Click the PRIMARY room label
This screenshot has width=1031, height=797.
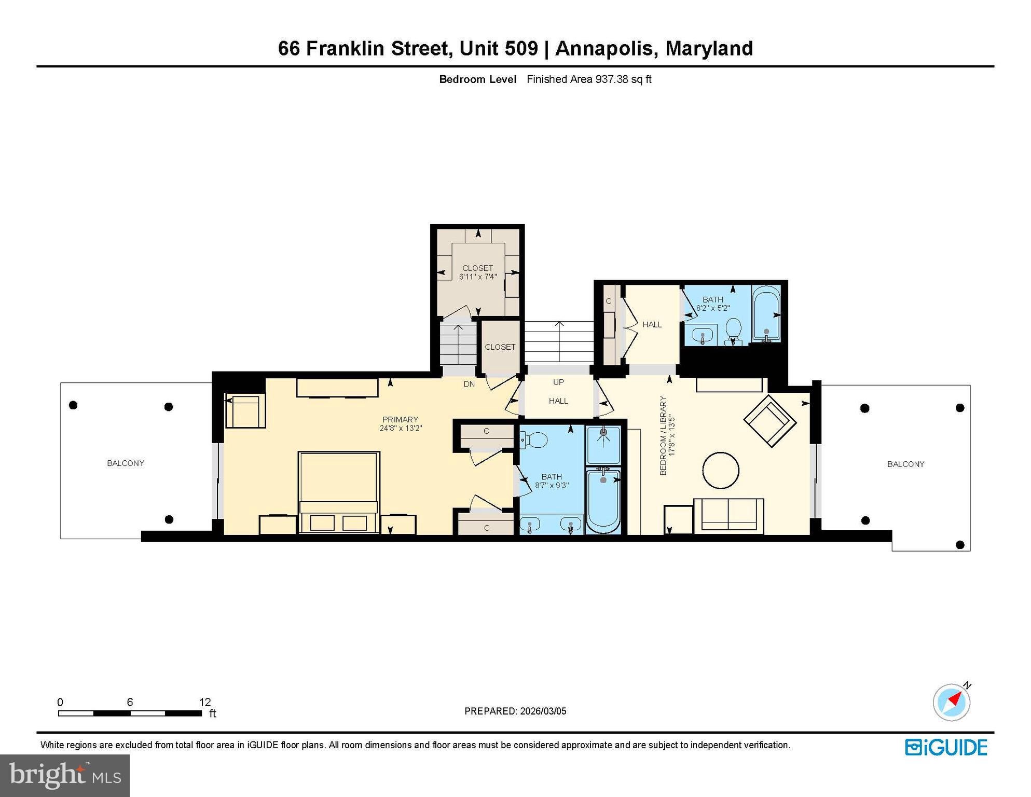pos(400,419)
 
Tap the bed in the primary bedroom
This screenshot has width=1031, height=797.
pos(338,490)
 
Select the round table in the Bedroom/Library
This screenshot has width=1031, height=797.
pos(721,470)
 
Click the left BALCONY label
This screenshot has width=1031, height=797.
pos(126,463)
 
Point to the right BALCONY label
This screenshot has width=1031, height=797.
pos(905,464)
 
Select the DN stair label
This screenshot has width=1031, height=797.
pos(469,384)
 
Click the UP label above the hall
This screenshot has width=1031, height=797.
pos(558,382)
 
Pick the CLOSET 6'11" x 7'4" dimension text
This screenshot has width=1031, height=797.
pos(478,277)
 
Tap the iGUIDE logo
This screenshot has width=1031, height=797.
pos(946,747)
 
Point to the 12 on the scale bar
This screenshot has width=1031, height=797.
pos(205,702)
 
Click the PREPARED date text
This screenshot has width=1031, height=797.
pos(515,711)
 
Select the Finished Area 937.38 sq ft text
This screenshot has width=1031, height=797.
pos(589,79)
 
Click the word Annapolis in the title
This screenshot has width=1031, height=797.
pos(603,48)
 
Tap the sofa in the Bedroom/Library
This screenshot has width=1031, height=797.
pos(728,514)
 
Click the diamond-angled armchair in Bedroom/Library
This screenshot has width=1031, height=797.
pos(769,420)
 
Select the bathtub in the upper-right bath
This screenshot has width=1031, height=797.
pos(766,314)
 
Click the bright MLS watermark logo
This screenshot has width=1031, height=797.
pos(65,775)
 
